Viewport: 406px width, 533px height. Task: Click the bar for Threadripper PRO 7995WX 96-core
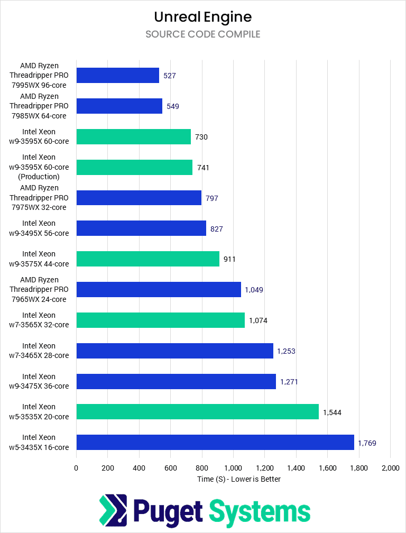(117, 76)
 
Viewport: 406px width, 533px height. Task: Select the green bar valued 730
(133, 136)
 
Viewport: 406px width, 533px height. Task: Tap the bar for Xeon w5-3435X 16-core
(215, 442)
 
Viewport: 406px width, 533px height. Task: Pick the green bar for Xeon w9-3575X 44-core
(147, 259)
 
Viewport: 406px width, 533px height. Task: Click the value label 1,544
(332, 412)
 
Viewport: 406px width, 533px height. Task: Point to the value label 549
(173, 106)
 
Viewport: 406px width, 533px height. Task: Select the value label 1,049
(254, 290)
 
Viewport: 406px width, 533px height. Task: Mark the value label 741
(204, 168)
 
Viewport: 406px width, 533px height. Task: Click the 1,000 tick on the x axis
(233, 468)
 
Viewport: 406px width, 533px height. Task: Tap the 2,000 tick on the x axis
(390, 468)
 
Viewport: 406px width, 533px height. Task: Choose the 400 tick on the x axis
(139, 468)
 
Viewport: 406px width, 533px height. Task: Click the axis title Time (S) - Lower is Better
(233, 479)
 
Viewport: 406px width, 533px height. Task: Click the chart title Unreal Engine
(203, 17)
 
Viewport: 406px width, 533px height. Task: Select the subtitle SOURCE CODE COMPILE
(203, 34)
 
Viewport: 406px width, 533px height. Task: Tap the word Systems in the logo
(260, 511)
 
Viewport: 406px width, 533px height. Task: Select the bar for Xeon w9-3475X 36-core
(176, 381)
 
